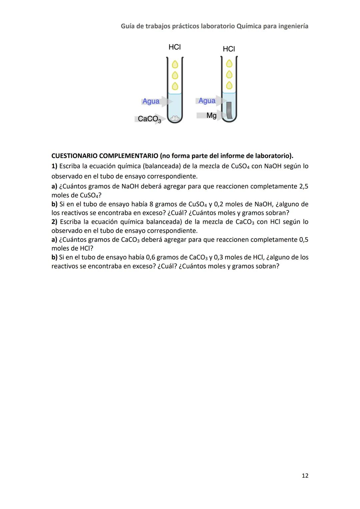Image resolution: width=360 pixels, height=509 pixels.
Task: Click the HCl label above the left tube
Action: point(175,47)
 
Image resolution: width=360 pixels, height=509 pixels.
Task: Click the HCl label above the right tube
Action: point(229,49)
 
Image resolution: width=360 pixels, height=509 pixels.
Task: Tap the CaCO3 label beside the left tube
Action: point(149,119)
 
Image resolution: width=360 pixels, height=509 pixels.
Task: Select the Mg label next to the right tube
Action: point(211,115)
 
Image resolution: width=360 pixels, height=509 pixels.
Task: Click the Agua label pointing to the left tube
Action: point(151,101)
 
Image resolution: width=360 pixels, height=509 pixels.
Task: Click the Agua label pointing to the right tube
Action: point(207,101)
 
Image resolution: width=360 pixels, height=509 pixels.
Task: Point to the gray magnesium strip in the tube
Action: point(229,111)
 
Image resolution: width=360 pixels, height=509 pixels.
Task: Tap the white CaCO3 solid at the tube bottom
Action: point(175,118)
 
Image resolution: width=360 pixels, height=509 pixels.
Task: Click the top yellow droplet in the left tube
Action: point(175,64)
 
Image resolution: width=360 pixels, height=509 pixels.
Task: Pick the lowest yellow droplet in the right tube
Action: point(229,86)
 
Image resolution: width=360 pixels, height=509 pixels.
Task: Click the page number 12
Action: point(305,475)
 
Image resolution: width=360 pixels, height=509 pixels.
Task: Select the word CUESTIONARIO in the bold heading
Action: point(74,156)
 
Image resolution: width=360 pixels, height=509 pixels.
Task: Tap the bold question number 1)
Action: point(54,166)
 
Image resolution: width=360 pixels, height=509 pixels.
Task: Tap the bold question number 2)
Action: point(54,222)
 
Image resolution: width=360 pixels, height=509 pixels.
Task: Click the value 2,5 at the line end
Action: point(303,186)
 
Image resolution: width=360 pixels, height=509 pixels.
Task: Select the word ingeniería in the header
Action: point(292,26)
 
